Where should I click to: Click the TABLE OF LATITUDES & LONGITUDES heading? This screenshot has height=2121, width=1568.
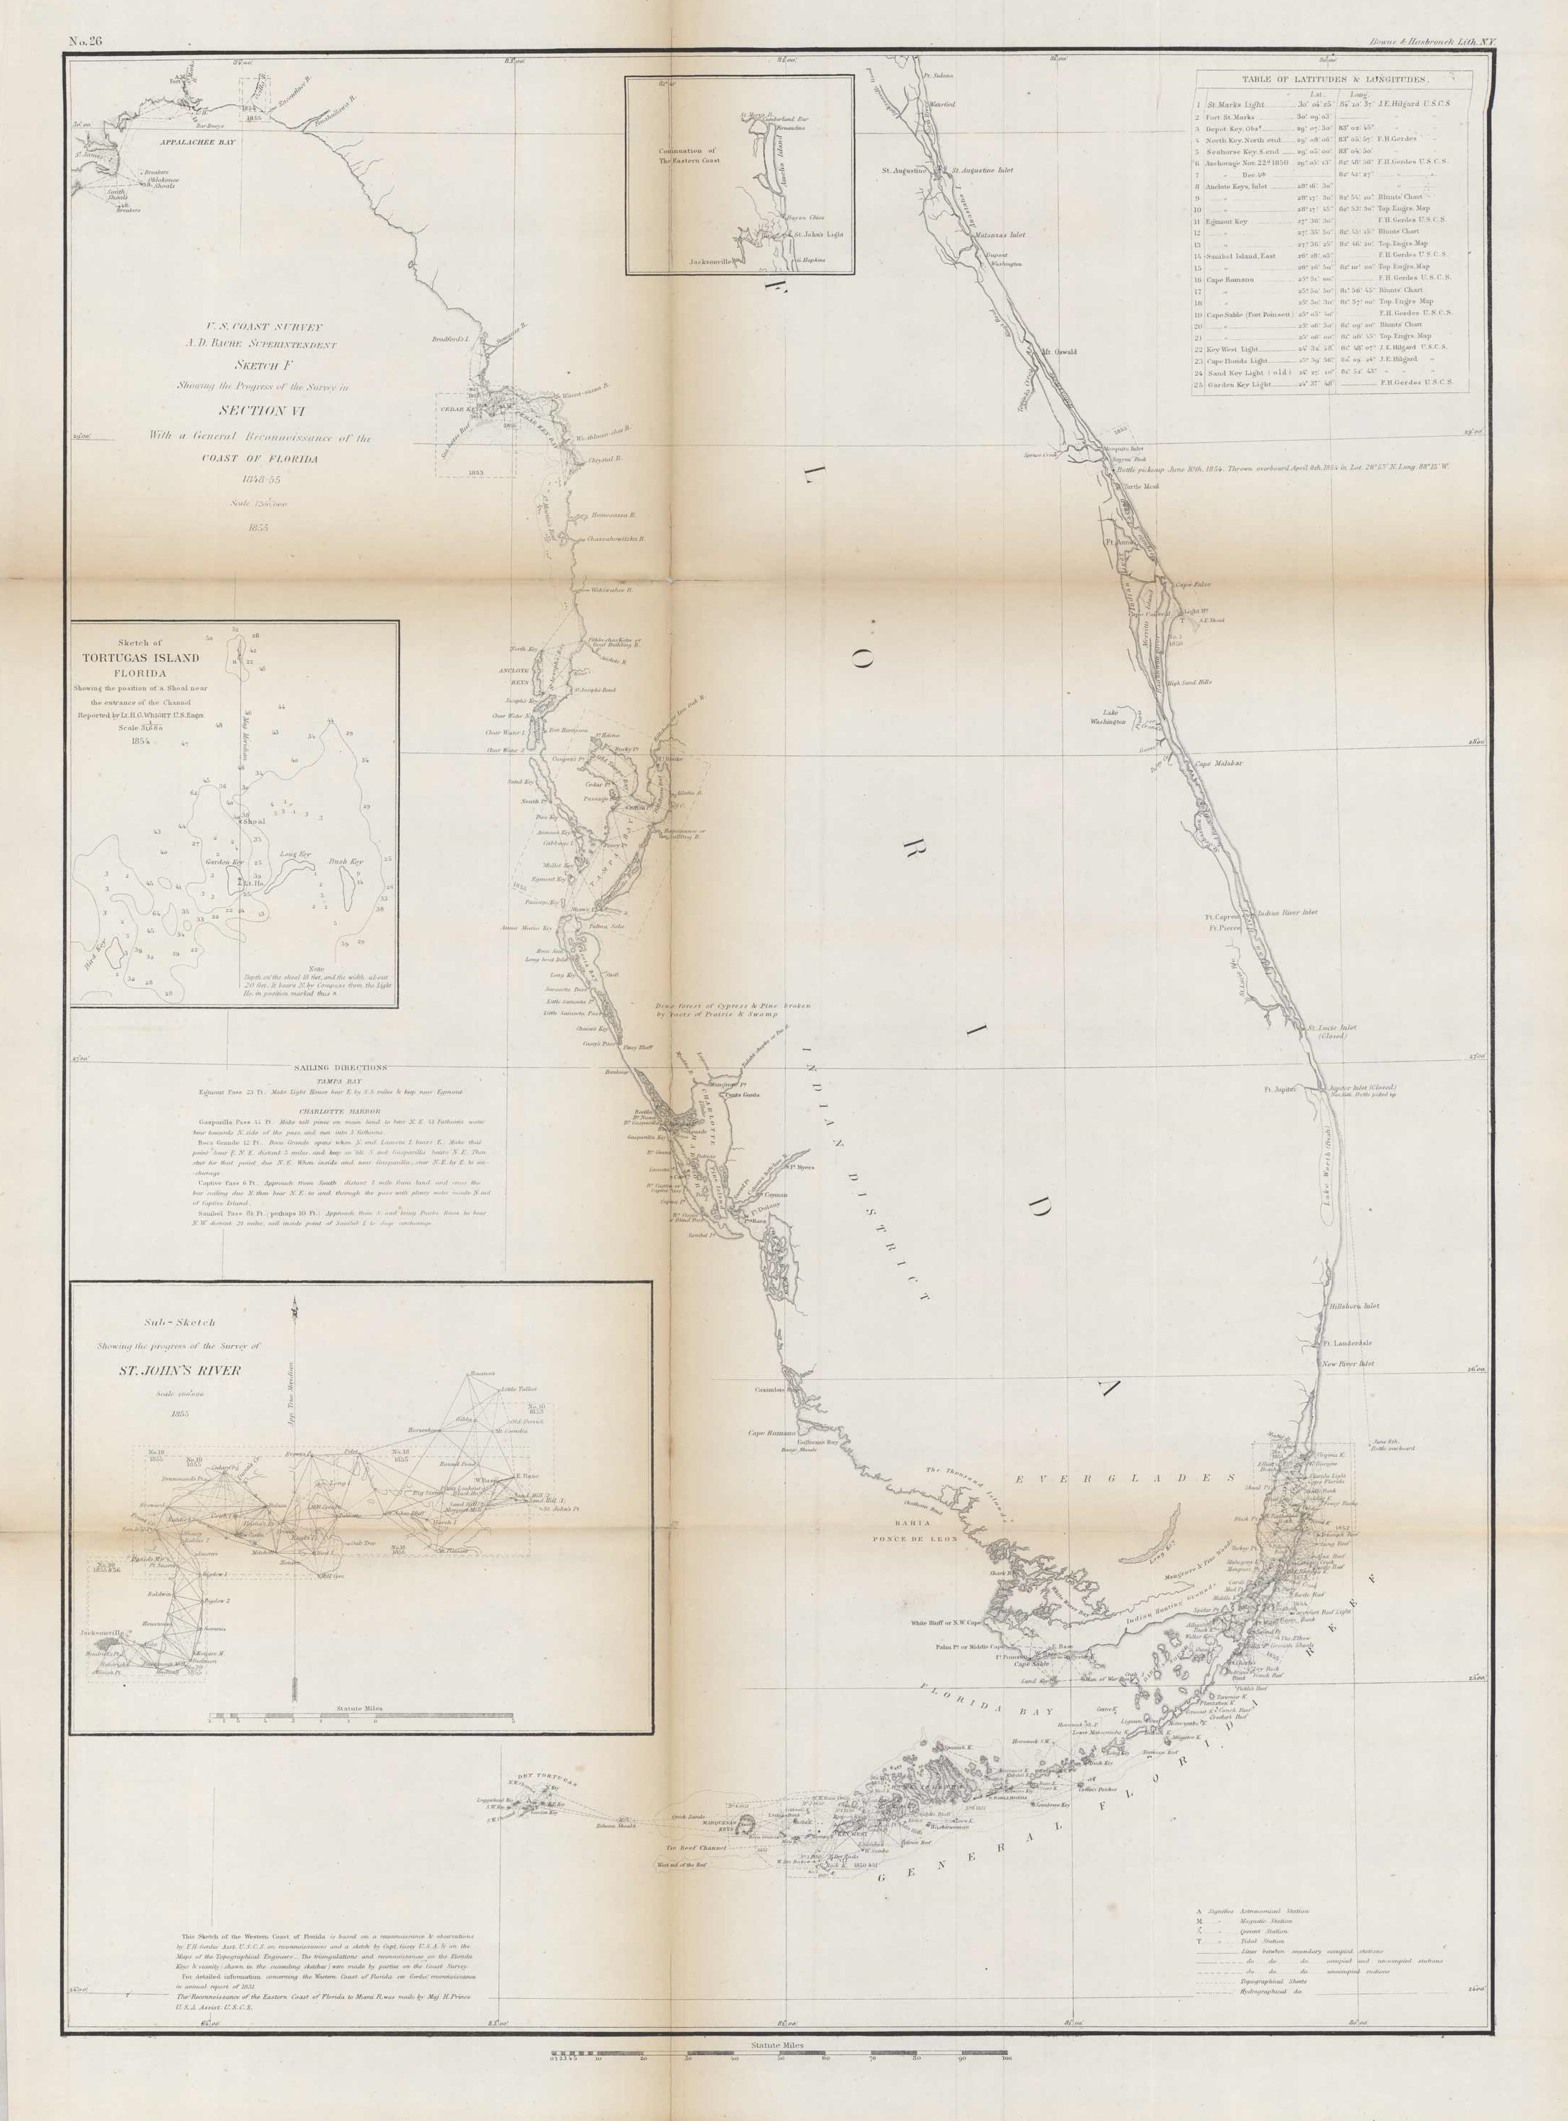[x=1331, y=82]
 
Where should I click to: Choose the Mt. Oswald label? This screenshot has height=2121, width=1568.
[x=1059, y=351]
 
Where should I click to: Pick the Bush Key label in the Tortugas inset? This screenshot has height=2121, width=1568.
[x=346, y=861]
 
